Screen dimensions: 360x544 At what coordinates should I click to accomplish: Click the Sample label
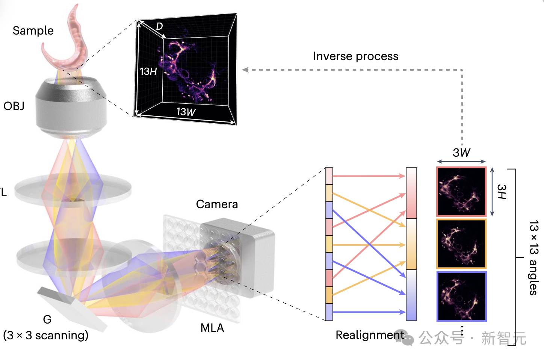33,30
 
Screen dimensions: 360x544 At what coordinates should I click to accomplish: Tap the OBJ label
14,106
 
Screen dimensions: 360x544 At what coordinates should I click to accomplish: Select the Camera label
217,204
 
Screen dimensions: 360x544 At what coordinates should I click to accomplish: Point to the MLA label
212,328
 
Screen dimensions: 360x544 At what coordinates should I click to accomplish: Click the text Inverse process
355,56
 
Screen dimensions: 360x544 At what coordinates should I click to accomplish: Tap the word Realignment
369,335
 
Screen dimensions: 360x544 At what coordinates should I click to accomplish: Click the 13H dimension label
148,71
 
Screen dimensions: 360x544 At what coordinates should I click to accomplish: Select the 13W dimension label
186,112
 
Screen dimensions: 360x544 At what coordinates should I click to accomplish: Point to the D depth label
159,26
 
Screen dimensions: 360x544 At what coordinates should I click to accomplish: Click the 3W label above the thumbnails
461,153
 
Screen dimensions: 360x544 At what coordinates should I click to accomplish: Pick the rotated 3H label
502,192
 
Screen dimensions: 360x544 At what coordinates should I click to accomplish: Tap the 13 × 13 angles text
533,258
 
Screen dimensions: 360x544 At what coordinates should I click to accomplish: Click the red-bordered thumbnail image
461,192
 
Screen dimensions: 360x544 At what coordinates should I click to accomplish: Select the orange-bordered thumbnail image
461,244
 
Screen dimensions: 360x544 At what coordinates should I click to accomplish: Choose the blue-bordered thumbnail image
461,296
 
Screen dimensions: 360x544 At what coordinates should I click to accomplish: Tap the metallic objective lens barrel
71,107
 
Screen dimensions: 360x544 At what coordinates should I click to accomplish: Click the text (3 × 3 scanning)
46,335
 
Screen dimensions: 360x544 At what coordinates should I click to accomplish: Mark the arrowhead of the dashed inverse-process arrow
245,70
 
